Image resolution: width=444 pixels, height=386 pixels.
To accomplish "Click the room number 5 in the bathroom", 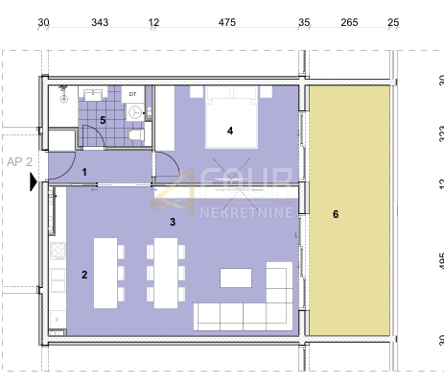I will tap(103, 121).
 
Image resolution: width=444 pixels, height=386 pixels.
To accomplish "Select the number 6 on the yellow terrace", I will tap(335, 215).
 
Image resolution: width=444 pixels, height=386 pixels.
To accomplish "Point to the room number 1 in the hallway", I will tap(85, 172).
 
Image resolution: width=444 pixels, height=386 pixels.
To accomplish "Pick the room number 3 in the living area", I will tap(172, 222).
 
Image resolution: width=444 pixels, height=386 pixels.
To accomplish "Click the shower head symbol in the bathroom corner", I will tap(61, 90).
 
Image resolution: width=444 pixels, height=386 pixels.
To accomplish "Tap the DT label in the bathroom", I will tap(133, 94).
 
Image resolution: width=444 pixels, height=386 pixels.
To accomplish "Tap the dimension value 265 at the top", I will tap(349, 22).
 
